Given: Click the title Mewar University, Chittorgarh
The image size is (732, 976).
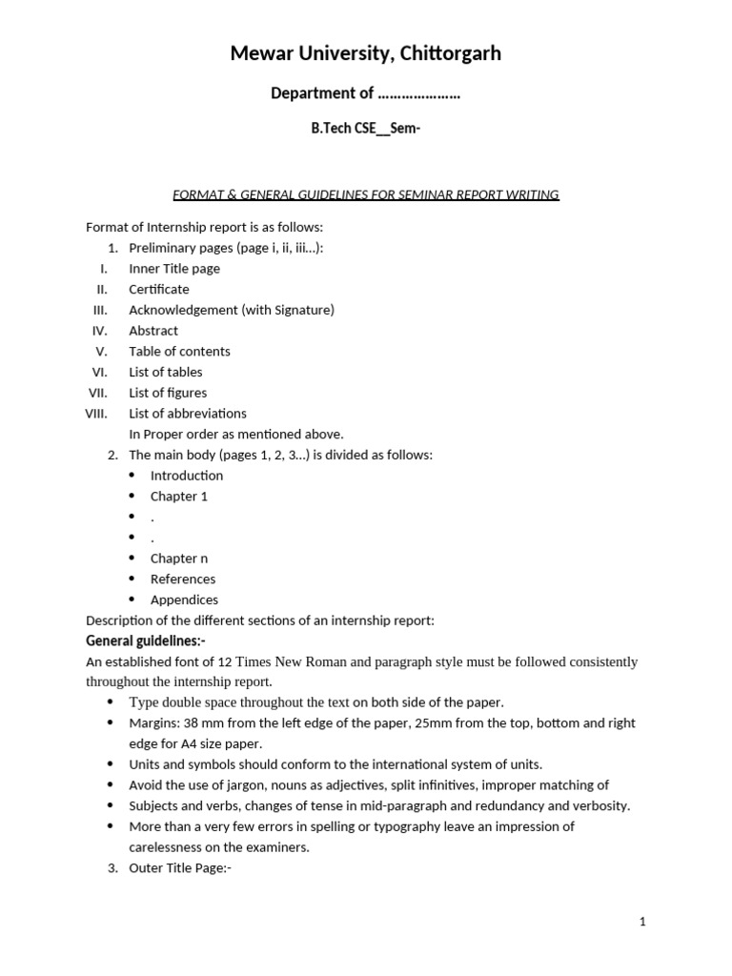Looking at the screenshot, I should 365,54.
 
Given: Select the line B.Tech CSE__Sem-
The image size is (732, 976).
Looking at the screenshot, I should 365,129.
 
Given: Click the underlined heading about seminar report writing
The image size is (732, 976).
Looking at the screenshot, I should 365,194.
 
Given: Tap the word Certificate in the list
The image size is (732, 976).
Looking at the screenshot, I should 159,289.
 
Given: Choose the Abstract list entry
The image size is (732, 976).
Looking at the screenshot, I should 153,331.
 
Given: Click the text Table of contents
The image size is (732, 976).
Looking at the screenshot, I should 179,351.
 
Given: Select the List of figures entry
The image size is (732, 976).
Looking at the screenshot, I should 168,393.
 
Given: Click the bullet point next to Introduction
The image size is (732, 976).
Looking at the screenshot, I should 132,476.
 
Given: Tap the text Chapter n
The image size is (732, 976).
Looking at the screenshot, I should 178,559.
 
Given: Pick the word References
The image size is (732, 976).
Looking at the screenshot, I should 183,579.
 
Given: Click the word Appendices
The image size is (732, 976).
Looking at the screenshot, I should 184,600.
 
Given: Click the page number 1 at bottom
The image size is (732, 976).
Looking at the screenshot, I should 643,922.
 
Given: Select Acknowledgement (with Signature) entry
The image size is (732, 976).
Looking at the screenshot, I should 232,310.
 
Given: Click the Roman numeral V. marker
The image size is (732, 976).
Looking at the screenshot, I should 102,351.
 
